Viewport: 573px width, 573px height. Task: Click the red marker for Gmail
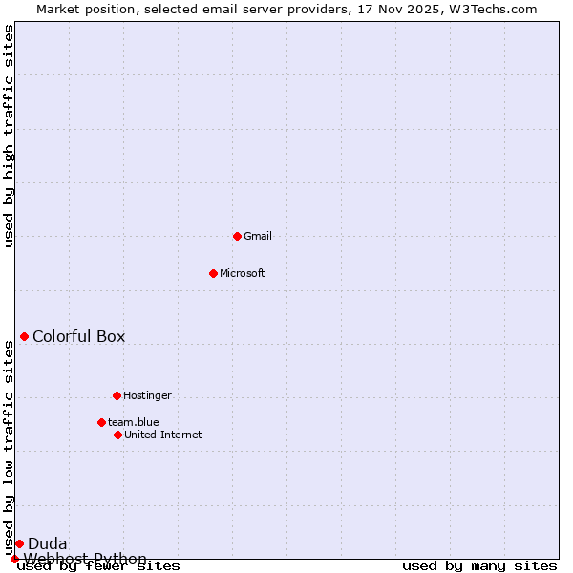pos(237,236)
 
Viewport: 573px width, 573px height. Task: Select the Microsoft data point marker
pos(213,273)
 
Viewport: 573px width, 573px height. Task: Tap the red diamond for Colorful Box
pos(24,336)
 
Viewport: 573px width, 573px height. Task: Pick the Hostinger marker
pos(117,395)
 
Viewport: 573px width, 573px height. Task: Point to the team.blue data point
pos(101,422)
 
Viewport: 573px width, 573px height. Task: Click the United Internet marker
pos(117,435)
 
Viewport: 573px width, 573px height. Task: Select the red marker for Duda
pos(19,543)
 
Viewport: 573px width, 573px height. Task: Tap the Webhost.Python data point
pos(14,559)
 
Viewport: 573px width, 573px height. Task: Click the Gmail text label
pos(258,236)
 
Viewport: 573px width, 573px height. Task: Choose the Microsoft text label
pos(243,273)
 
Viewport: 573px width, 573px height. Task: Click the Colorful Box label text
pos(78,336)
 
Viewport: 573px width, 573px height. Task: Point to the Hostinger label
pos(147,395)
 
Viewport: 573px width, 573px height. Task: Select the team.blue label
pos(134,422)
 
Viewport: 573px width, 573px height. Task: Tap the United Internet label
pos(162,435)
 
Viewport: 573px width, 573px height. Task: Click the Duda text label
pos(47,543)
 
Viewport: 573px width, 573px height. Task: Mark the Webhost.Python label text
pos(85,559)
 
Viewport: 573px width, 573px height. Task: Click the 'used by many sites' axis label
pos(479,566)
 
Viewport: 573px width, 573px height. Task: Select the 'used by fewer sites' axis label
pos(98,566)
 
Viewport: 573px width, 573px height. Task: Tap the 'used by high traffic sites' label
pos(10,136)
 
